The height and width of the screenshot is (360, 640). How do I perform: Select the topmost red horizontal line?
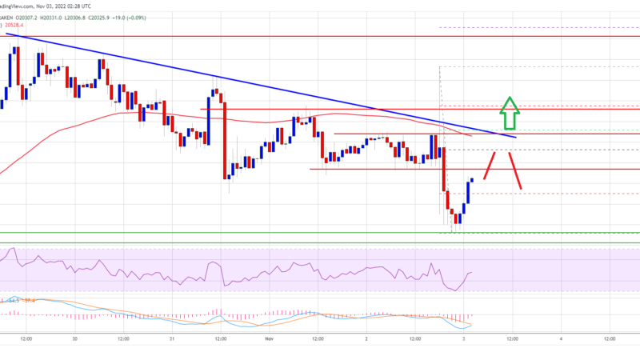(320, 37)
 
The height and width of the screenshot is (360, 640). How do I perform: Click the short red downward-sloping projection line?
(514, 170)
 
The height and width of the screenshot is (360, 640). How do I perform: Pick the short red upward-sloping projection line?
(490, 168)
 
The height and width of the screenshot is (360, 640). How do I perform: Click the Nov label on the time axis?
(269, 338)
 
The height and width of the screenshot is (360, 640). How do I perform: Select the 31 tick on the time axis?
(172, 338)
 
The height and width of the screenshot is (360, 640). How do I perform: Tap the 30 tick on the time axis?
(74, 338)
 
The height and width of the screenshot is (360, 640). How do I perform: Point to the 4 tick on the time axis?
(562, 338)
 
